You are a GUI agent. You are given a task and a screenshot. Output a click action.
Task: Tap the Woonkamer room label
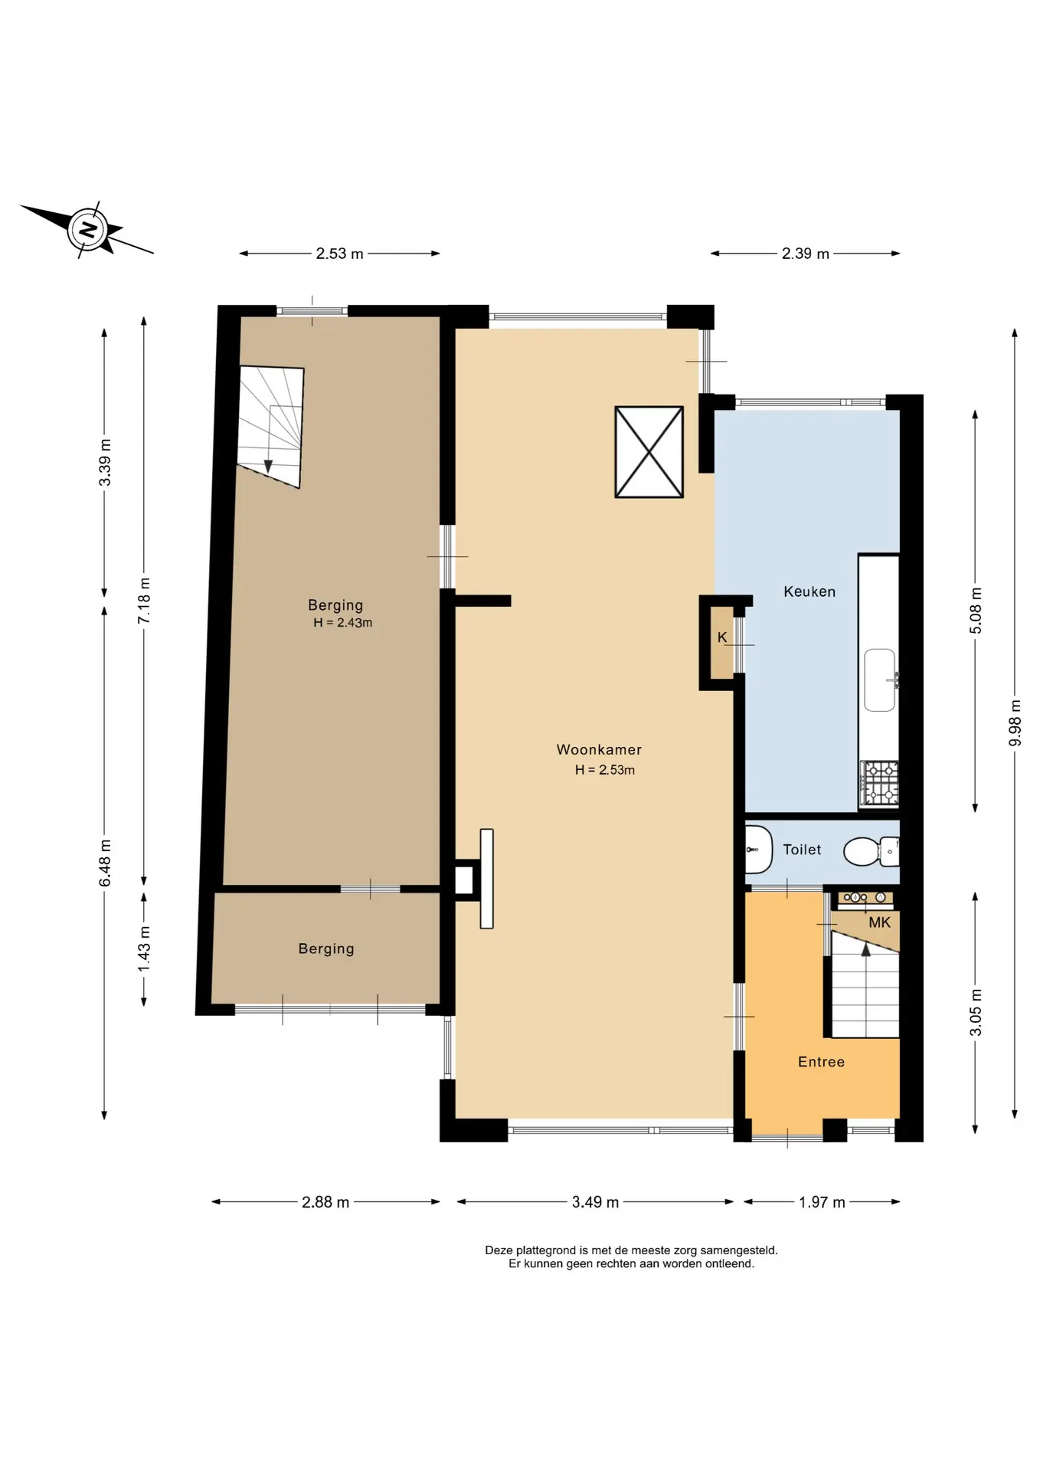coord(599,750)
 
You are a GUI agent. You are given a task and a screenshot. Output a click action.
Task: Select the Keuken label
coord(809,591)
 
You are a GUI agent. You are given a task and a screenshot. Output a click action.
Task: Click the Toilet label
coord(802,850)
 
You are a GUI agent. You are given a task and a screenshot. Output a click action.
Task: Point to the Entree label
coord(821,1062)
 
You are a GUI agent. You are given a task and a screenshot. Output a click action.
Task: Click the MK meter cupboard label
coord(879,922)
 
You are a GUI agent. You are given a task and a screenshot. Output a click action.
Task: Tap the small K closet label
coord(722,637)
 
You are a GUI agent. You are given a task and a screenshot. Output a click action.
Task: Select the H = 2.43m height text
coord(342,623)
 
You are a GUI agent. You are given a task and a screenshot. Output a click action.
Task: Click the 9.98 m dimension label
coord(1015,722)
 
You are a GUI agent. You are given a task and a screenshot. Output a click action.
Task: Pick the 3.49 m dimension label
coord(595,1202)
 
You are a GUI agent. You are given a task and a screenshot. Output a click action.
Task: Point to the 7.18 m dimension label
coord(144,600)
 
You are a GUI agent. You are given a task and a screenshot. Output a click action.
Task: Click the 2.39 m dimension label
coord(806,254)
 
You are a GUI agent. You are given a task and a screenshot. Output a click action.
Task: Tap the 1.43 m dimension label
coord(144,948)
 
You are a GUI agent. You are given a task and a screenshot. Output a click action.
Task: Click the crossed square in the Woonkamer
coord(649,452)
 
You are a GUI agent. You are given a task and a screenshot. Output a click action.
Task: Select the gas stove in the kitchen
coord(878,783)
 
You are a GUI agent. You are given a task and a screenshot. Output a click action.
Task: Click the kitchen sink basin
coord(880,680)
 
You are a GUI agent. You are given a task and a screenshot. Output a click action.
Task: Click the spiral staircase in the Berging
coord(270,426)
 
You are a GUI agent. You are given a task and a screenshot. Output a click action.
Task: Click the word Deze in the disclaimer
coord(499,1250)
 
